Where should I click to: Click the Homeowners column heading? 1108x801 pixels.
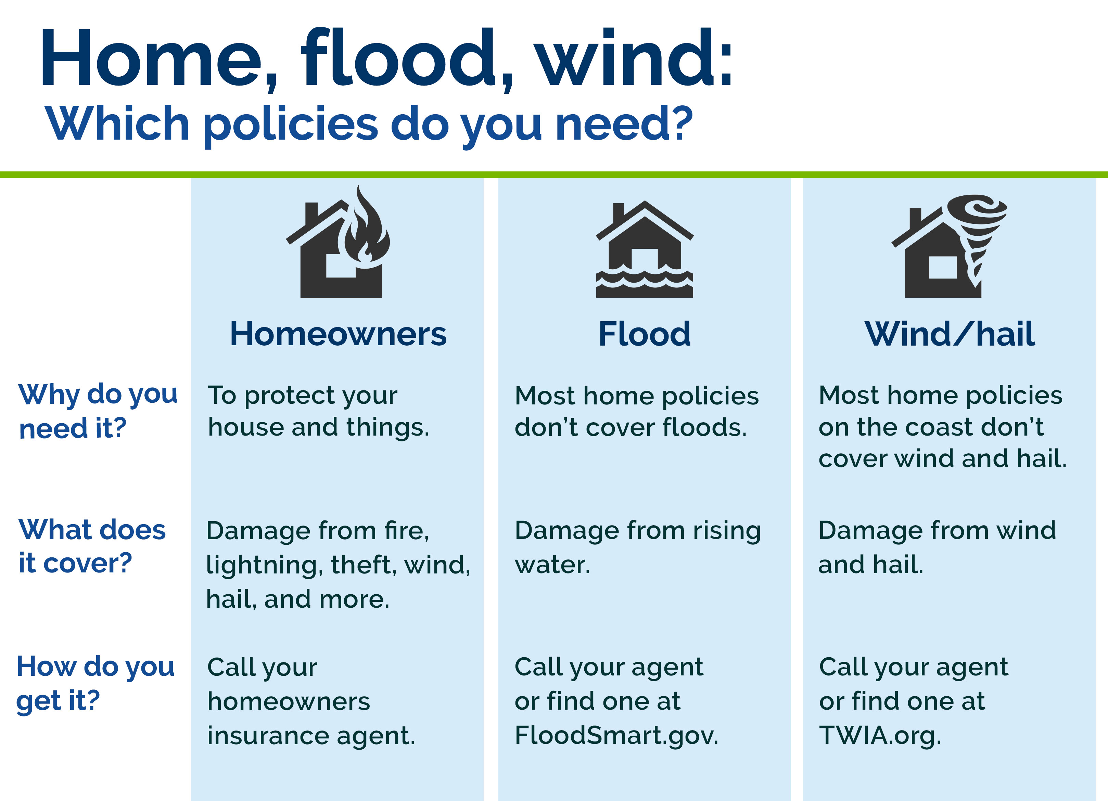point(338,335)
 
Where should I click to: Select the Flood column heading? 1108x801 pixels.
point(645,335)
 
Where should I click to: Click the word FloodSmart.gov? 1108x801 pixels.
point(616,735)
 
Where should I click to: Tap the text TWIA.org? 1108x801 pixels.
point(880,735)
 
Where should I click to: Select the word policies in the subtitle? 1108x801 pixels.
point(291,125)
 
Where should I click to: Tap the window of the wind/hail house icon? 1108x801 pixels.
point(942,267)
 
